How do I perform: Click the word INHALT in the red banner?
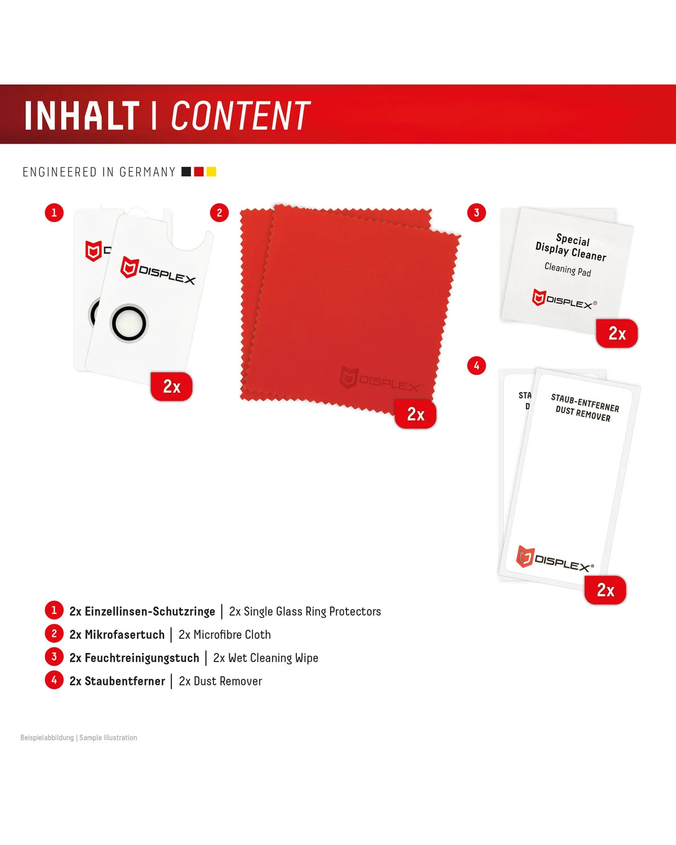pyautogui.click(x=82, y=115)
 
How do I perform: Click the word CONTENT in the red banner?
pyautogui.click(x=241, y=115)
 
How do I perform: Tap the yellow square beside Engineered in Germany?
pyautogui.click(x=211, y=172)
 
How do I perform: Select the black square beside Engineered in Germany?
pyautogui.click(x=186, y=172)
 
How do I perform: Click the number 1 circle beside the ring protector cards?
pyautogui.click(x=54, y=213)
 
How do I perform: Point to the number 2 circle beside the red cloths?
pyautogui.click(x=220, y=213)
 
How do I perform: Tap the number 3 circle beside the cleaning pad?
pyautogui.click(x=477, y=213)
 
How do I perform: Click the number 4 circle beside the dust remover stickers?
pyautogui.click(x=477, y=366)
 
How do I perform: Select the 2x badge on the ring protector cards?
pyautogui.click(x=172, y=386)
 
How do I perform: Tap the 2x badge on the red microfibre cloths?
pyautogui.click(x=416, y=414)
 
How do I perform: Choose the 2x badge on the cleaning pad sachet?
pyautogui.click(x=617, y=333)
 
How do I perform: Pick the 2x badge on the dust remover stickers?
pyautogui.click(x=605, y=590)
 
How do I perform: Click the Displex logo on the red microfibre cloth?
pyautogui.click(x=380, y=379)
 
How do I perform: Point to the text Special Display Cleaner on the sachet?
pyautogui.click(x=572, y=247)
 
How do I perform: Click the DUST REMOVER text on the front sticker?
pyautogui.click(x=583, y=414)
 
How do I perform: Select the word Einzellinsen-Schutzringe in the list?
pyautogui.click(x=150, y=611)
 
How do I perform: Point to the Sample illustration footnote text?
pyautogui.click(x=108, y=737)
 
